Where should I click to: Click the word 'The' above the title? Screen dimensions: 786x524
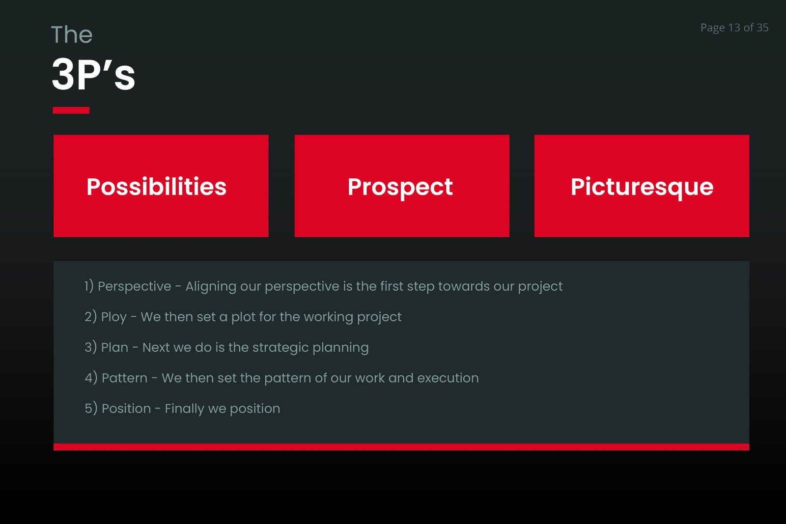(72, 34)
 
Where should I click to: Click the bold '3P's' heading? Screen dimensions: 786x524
(93, 74)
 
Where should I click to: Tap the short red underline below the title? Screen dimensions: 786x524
(71, 110)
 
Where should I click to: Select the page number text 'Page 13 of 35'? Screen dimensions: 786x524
(734, 28)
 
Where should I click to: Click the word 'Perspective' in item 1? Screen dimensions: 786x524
(135, 286)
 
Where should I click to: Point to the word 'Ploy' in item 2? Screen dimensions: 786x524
(113, 317)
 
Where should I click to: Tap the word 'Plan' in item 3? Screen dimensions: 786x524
(114, 347)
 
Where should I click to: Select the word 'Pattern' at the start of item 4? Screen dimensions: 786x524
(124, 378)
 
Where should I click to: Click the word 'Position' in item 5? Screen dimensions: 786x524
(126, 408)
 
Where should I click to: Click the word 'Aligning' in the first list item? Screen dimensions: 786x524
(211, 287)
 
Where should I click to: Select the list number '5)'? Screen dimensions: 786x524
(91, 408)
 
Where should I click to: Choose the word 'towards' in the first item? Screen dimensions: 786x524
(464, 286)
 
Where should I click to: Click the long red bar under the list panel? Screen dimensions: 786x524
(401, 447)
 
